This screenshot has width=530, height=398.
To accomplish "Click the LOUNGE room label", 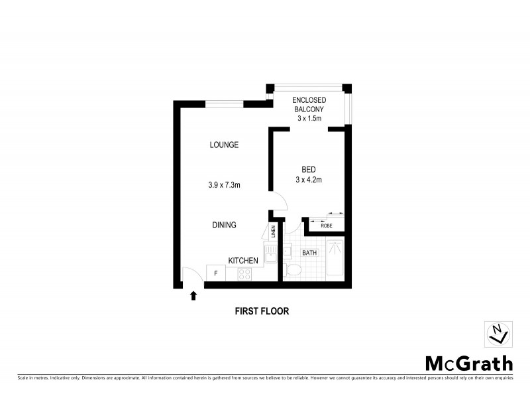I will (224, 145).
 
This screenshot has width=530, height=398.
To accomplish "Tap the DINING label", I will (224, 225).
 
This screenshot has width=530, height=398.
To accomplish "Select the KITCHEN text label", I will (243, 261).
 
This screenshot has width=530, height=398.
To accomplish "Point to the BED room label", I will (309, 168).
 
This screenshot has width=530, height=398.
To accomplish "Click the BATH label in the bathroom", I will (309, 253).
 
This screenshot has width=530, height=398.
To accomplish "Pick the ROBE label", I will (327, 226).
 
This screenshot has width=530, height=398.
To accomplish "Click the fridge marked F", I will (215, 273).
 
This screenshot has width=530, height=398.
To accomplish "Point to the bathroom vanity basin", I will (288, 251).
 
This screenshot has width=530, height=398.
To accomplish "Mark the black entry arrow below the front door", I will (193, 296).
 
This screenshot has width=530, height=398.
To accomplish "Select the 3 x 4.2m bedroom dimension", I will (309, 179).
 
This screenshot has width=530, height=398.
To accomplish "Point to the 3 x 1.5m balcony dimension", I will (309, 119).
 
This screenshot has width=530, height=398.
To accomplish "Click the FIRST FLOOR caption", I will (262, 310).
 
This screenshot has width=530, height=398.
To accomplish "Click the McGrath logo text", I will (468, 363).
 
